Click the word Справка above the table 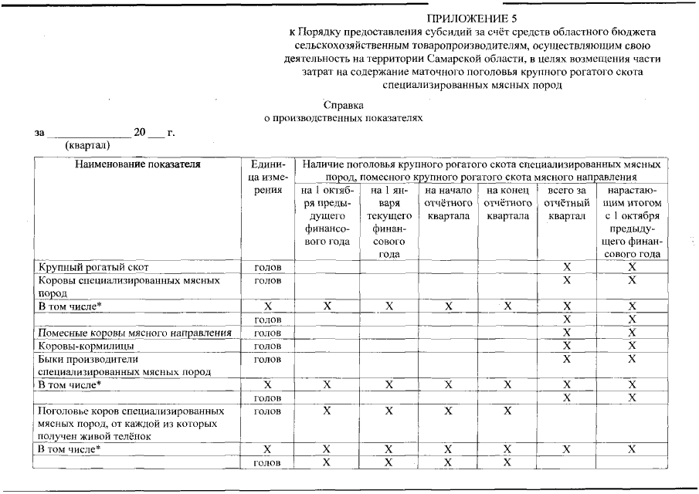tap(343, 105)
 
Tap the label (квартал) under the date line tap(87, 144)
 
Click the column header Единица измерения tap(267, 178)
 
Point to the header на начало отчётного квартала tap(447, 203)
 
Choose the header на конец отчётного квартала tap(507, 203)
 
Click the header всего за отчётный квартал tap(567, 203)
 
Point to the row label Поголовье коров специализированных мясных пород tap(131, 423)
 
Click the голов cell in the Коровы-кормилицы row tap(267, 346)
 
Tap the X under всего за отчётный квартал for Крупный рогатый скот tap(567, 267)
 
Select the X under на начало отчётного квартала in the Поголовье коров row tap(447, 411)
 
